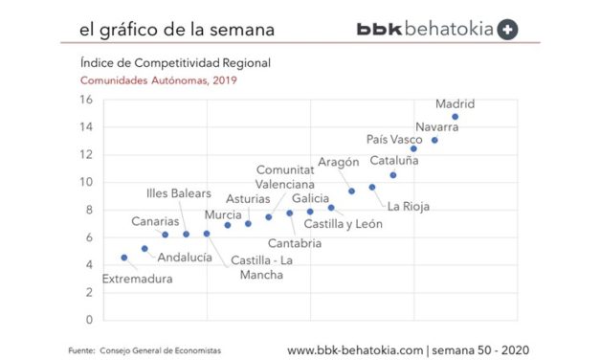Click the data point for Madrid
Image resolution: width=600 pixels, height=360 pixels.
pos(455,117)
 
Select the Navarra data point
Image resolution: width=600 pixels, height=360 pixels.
pos(434,140)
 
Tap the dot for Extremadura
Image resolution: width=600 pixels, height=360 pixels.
pos(123,258)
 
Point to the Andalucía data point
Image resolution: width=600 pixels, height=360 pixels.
pos(144,249)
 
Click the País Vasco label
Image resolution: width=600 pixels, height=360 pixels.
pos(394,140)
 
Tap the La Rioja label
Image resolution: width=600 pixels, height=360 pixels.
pos(408,205)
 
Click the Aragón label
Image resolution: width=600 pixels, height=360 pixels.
pos(338,162)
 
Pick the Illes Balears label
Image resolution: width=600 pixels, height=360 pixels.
pos(186,193)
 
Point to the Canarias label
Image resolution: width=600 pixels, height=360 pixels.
pos(155,221)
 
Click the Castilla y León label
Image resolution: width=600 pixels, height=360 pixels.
pos(343,224)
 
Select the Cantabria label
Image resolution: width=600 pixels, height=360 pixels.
pos(294,243)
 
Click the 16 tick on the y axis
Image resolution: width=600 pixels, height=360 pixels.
pos(85,99)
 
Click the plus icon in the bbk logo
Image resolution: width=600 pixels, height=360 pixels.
pos(509,30)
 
